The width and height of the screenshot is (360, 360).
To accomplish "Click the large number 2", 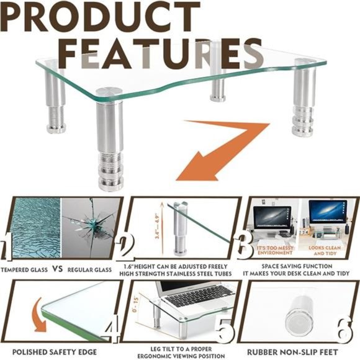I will (x=128, y=247).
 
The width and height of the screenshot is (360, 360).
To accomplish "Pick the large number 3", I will (x=243, y=246).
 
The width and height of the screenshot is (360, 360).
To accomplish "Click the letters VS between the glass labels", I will (x=55, y=270).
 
